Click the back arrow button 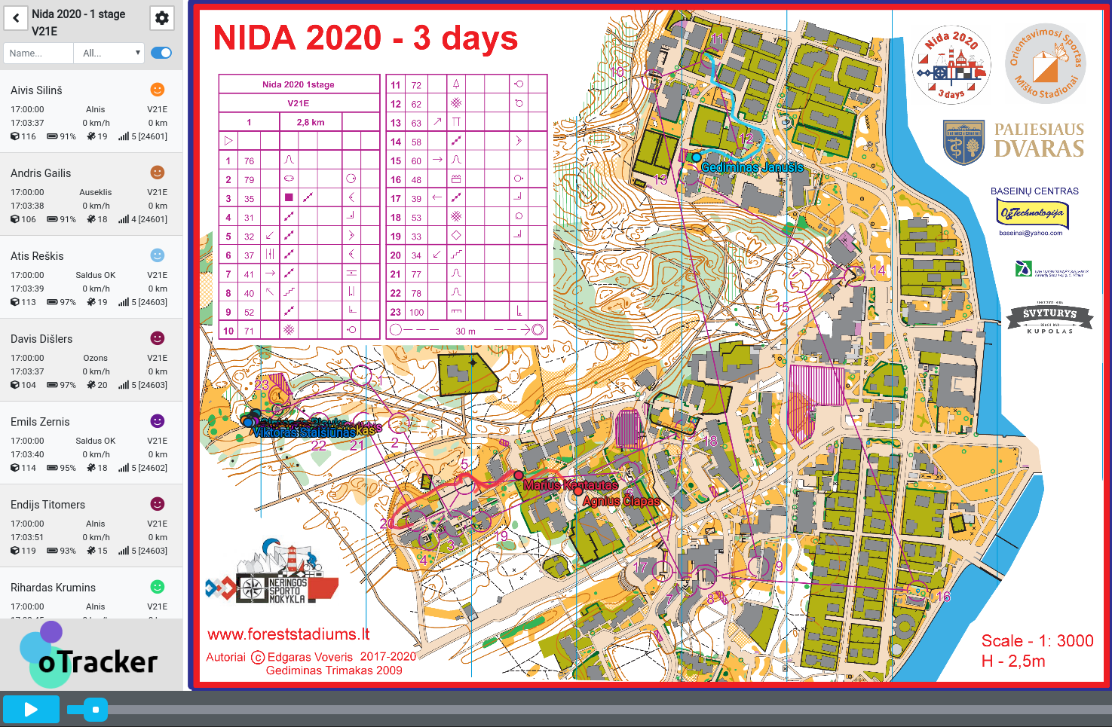point(16,17)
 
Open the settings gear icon point(162,18)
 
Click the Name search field point(38,53)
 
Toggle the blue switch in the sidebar point(161,53)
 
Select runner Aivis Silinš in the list point(37,90)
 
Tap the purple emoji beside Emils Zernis point(158,421)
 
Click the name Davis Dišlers point(41,339)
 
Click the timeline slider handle point(96,709)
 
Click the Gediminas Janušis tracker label point(752,167)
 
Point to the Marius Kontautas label point(570,485)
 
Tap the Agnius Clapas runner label point(621,501)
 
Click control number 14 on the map point(878,270)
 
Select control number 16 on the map point(943,597)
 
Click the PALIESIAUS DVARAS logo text point(1038,140)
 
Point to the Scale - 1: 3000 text point(1037,640)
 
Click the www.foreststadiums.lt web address point(289,634)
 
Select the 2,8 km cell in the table point(310,122)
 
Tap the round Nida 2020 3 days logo point(951,65)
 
